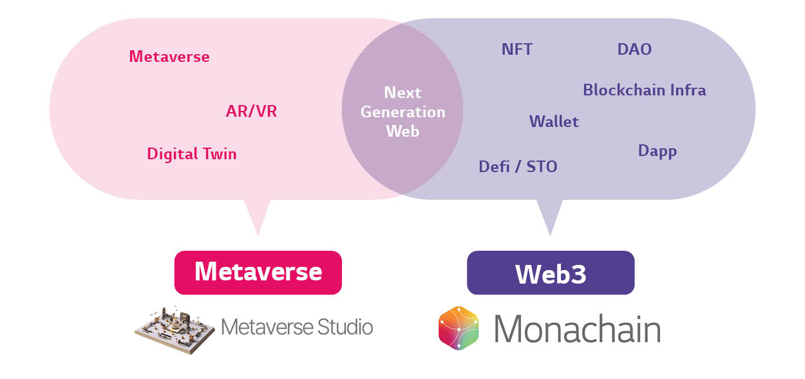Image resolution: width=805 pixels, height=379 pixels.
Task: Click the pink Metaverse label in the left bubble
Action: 169,57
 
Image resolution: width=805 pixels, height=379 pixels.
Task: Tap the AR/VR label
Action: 251,112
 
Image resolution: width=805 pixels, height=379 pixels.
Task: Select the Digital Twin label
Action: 192,154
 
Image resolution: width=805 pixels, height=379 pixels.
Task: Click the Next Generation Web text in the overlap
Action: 402,112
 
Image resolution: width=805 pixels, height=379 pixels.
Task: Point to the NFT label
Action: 517,50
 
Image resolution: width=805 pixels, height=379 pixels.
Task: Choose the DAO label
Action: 634,50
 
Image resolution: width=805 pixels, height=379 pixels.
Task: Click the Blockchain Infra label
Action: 644,90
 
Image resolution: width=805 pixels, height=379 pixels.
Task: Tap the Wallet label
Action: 554,122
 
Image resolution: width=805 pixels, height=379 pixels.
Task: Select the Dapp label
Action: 657,151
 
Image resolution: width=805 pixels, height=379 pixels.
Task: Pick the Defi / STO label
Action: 518,167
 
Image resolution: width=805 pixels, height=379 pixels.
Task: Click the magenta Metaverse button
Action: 258,272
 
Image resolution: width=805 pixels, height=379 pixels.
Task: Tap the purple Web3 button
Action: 551,273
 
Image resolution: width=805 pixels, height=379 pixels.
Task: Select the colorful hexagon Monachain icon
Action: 459,328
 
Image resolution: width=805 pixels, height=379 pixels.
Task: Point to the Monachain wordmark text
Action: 577,329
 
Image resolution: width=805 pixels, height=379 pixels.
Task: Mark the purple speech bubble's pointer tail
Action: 549,216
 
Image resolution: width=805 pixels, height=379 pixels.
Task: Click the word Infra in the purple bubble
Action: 686,90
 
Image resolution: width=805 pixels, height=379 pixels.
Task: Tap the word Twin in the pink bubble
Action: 218,154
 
